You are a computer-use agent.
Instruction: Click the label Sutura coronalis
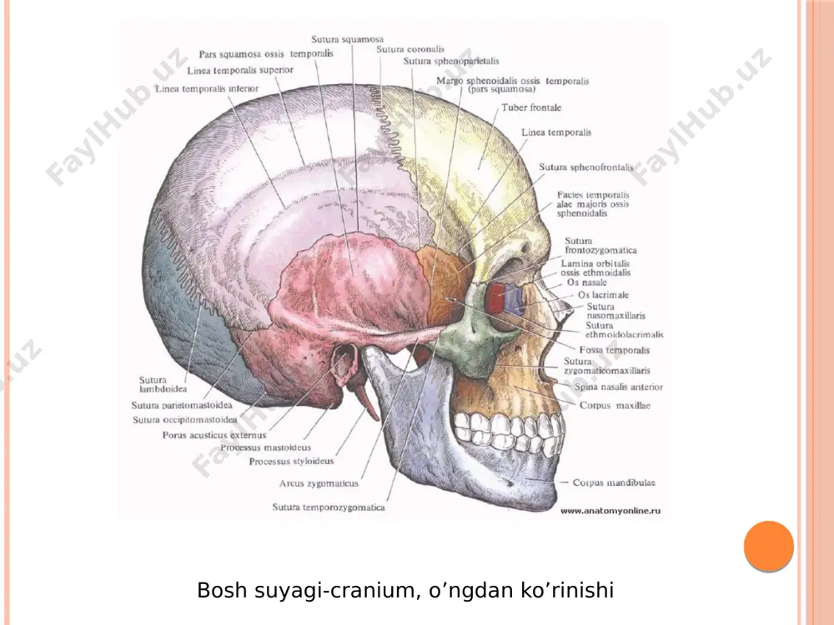[x=410, y=49]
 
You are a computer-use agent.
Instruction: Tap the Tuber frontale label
[x=530, y=107]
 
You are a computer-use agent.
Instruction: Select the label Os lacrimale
[x=603, y=295]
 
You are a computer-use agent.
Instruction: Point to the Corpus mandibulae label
[x=614, y=482]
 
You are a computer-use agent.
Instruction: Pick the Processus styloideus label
[x=291, y=462]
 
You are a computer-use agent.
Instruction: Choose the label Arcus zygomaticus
[x=319, y=483]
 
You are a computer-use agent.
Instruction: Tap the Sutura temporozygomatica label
[x=328, y=507]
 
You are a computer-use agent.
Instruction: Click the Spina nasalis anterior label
[x=619, y=387]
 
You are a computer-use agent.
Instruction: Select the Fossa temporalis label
[x=615, y=350]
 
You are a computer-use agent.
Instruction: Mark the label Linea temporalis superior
[x=240, y=70]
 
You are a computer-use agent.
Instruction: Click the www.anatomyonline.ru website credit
[x=610, y=511]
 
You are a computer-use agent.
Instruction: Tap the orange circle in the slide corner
[x=769, y=547]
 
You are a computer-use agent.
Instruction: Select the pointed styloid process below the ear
[x=366, y=403]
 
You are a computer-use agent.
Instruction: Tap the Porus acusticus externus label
[x=214, y=435]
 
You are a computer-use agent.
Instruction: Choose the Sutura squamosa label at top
[x=347, y=39]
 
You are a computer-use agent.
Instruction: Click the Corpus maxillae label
[x=615, y=406]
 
